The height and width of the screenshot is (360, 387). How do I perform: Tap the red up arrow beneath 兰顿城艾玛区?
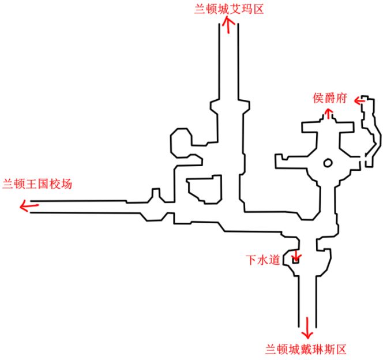[229, 25]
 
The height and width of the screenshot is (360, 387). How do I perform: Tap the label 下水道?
[263, 260]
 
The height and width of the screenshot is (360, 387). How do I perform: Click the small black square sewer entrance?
[296, 261]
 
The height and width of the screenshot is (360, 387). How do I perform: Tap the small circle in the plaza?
[327, 163]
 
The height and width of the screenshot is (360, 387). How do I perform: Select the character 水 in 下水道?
[263, 260]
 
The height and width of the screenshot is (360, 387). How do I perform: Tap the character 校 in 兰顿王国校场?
[55, 185]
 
